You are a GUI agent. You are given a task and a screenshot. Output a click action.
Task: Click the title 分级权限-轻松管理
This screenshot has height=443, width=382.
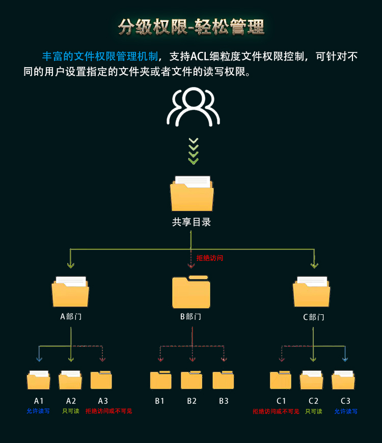[191, 27]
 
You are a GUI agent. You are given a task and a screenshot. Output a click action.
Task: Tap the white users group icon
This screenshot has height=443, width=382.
[193, 107]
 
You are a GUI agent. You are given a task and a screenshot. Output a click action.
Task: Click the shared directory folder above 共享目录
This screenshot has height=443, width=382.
[192, 194]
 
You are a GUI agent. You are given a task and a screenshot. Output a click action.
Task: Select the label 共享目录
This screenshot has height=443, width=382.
[192, 222]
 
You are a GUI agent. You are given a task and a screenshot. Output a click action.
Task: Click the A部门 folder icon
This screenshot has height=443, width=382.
[70, 292]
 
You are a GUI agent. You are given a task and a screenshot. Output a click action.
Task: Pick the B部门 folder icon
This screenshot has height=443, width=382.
[191, 292]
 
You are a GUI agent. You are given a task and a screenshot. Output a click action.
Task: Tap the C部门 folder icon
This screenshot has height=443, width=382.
[311, 292]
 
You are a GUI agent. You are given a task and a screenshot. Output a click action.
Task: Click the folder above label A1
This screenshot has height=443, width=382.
[39, 380]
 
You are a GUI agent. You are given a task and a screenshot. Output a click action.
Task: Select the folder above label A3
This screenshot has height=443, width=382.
[101, 380]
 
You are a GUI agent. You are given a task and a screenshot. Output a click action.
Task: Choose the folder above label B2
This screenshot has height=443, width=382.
[192, 380]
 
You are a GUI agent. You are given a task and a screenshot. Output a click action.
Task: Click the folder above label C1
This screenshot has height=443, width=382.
[281, 380]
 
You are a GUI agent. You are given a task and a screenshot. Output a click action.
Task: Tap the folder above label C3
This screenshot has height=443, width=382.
[343, 380]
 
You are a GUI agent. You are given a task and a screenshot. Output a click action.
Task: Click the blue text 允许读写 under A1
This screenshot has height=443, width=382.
[38, 411]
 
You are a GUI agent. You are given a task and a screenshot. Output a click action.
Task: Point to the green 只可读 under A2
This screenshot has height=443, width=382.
[71, 411]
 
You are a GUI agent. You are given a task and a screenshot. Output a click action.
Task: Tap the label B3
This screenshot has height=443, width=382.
[224, 401]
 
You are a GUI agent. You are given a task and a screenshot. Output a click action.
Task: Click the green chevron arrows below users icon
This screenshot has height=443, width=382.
[193, 151]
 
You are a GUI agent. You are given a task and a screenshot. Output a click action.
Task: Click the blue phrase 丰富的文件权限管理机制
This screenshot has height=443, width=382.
[100, 56]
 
